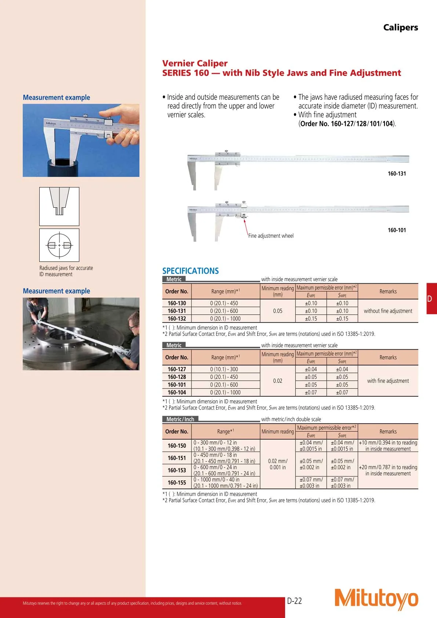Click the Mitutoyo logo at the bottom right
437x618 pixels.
[x=376, y=599]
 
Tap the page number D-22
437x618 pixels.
[x=294, y=601]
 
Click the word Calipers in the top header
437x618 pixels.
[x=400, y=28]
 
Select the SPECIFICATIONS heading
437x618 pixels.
[x=190, y=271]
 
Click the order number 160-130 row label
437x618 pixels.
[x=177, y=303]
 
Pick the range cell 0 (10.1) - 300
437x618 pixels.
[x=224, y=369]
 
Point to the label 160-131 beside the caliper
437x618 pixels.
[x=397, y=174]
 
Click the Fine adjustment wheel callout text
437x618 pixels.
[x=271, y=236]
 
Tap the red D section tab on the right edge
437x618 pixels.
[x=431, y=298]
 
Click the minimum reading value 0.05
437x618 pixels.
[x=278, y=311]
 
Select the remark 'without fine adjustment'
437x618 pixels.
[x=388, y=311]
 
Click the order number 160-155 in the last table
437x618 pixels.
[x=177, y=483]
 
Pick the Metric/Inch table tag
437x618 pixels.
[x=180, y=419]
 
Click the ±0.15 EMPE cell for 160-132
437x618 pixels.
[x=311, y=319]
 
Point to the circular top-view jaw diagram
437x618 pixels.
[x=59, y=245]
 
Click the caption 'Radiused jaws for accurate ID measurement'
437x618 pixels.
[x=66, y=271]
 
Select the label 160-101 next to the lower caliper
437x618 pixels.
[x=397, y=230]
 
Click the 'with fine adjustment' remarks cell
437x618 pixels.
[x=388, y=381]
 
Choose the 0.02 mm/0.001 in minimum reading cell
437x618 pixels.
[x=278, y=464]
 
